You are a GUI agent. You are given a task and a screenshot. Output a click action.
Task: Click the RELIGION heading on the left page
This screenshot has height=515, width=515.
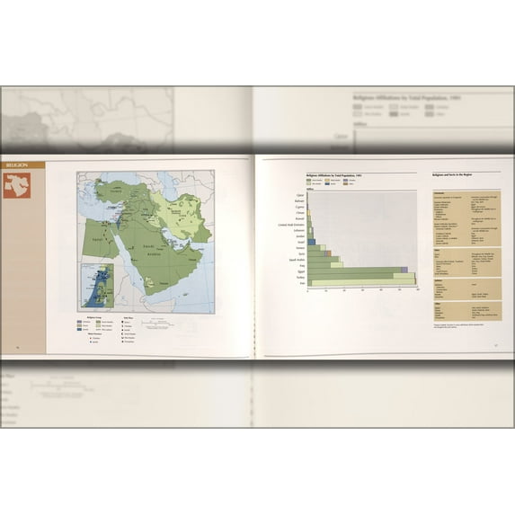click(17, 165)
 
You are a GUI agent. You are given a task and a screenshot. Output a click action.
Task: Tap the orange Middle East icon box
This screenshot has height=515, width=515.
click(16, 185)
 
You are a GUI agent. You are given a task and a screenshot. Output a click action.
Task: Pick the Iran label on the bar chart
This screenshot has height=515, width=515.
click(299, 284)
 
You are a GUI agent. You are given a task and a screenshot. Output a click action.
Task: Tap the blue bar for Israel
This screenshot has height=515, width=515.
click(311, 242)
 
